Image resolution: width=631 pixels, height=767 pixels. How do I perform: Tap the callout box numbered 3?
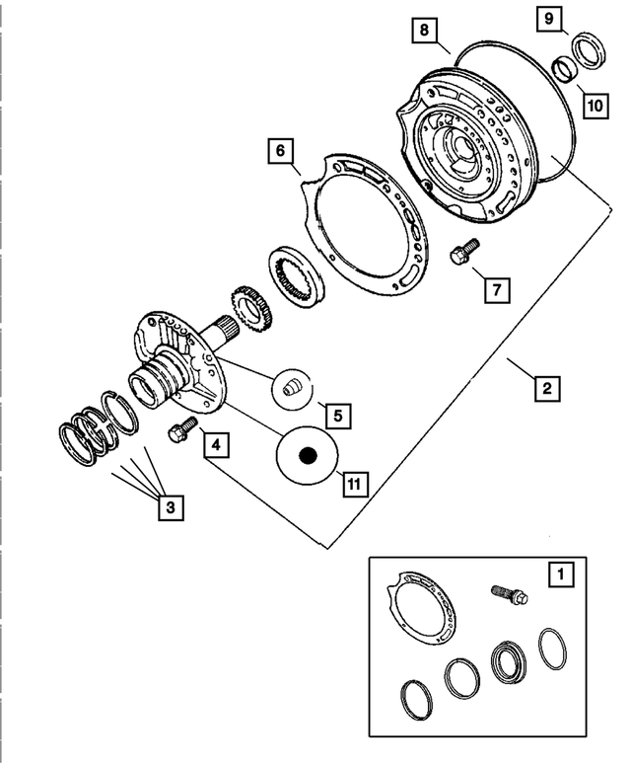170,507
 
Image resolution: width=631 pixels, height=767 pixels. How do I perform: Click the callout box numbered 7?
497,289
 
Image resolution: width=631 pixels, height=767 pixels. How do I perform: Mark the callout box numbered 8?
423,32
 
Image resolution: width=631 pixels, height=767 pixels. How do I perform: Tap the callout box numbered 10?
594,102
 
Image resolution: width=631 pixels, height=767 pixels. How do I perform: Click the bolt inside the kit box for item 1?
508,594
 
